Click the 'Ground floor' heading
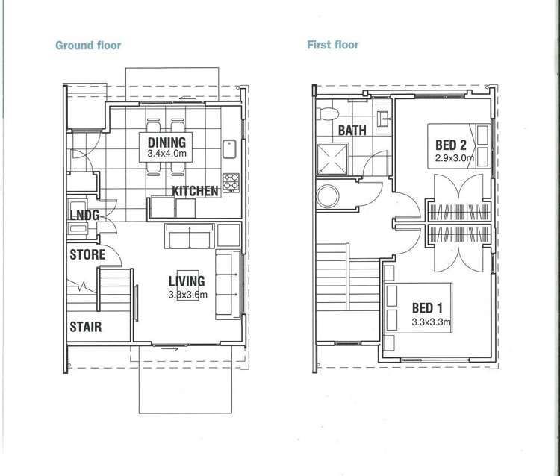click(88, 46)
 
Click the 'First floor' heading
click(333, 45)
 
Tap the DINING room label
click(167, 143)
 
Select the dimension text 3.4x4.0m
click(167, 154)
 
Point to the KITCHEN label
click(195, 191)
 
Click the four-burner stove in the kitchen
click(231, 183)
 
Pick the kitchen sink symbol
click(229, 149)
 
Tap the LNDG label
click(84, 216)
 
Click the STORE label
click(87, 254)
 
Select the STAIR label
click(86, 327)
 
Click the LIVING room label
click(187, 281)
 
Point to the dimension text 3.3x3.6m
click(187, 295)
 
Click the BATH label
click(352, 131)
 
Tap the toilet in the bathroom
click(328, 114)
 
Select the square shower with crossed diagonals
click(332, 159)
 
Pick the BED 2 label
click(451, 145)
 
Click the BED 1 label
click(427, 307)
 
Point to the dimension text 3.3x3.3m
click(431, 322)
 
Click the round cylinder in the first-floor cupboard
click(328, 196)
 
